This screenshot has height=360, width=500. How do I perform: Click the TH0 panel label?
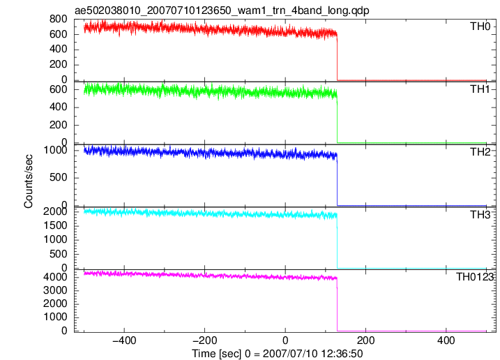[480, 27]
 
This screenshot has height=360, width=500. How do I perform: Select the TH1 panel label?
[480, 89]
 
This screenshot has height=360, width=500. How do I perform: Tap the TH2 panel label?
[480, 152]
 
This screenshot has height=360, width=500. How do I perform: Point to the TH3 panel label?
[480, 215]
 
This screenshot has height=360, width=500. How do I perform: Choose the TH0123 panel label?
[474, 277]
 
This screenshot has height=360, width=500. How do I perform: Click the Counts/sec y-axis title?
[29, 181]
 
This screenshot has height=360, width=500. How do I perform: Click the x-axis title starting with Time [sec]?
[277, 354]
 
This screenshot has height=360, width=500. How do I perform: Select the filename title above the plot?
[222, 10]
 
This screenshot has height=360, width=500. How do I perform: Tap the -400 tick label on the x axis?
[124, 340]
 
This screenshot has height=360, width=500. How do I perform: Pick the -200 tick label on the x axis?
[205, 340]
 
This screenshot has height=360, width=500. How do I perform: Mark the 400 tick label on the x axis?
[446, 340]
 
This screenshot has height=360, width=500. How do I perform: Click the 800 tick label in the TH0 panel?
[59, 19]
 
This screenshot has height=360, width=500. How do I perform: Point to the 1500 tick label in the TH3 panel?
[56, 225]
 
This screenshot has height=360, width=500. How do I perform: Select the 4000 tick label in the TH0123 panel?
[56, 277]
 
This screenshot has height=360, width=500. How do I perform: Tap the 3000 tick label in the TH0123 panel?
[56, 290]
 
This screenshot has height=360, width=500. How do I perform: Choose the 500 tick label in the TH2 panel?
[59, 177]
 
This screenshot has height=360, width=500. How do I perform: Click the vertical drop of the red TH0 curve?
[338, 57]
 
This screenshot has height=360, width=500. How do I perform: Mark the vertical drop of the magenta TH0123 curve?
[337, 305]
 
